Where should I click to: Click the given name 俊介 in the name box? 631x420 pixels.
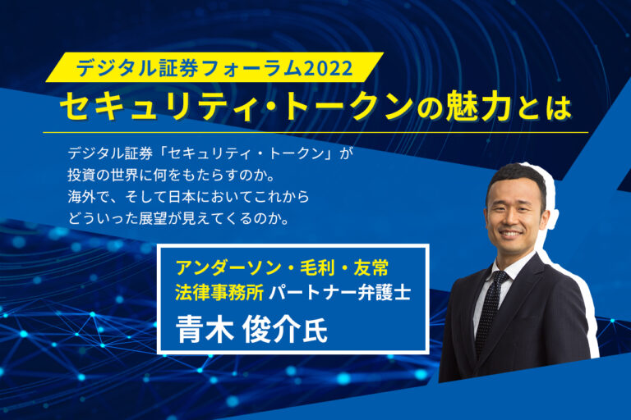tap(276, 327)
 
